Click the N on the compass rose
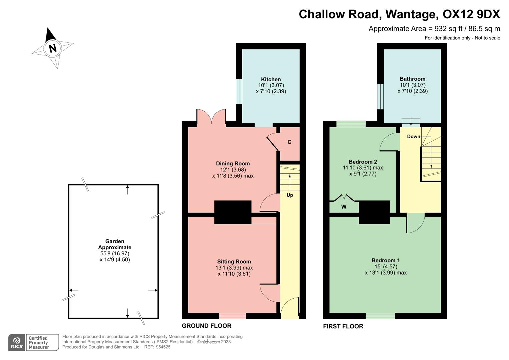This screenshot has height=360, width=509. [x=52, y=48]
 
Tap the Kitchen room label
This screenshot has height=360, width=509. [x=271, y=79]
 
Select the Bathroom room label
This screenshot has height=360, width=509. [x=412, y=79]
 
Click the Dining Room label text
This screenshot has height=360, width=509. [x=233, y=163]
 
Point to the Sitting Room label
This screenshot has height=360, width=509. [x=234, y=262]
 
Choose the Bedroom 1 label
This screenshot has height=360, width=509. [x=386, y=260]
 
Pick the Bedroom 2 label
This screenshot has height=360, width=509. [x=363, y=162]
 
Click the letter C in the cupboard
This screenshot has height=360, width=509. [x=289, y=142]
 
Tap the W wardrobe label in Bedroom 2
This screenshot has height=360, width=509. [x=344, y=207]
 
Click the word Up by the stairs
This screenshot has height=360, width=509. [x=290, y=195]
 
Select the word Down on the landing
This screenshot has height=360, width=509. [x=413, y=136]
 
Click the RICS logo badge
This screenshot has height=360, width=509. [x=17, y=342]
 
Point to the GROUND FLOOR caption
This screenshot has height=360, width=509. [x=206, y=326]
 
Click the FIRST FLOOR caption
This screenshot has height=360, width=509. [x=343, y=326]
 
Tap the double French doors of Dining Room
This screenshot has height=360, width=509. [x=212, y=117]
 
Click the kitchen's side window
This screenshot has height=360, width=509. [x=239, y=91]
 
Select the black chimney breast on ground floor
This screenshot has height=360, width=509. [x=233, y=212]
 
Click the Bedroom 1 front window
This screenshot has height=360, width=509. [x=380, y=316]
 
